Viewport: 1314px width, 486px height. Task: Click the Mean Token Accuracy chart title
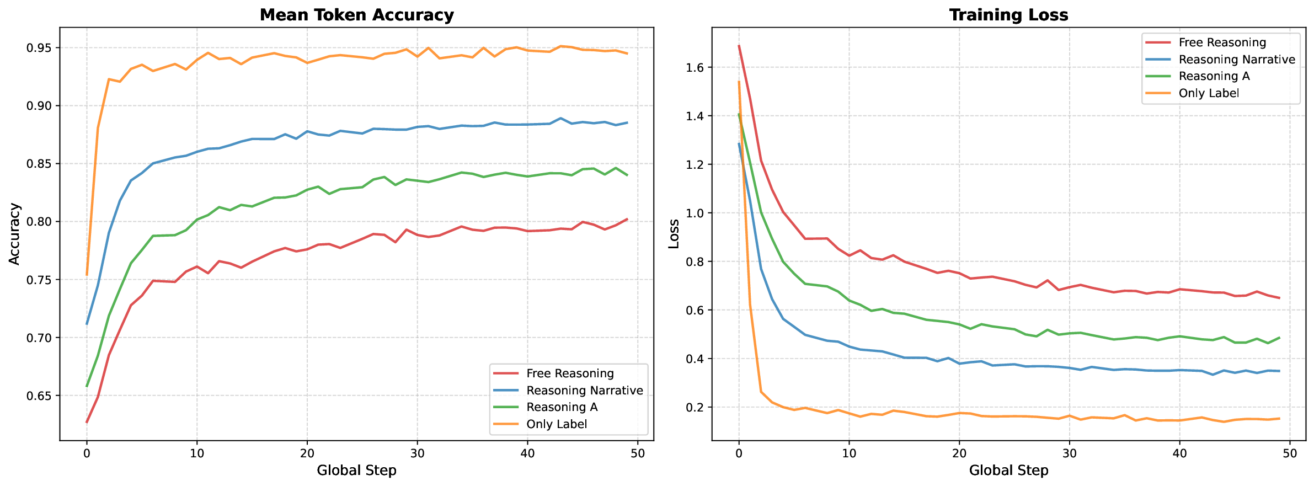tap(356, 15)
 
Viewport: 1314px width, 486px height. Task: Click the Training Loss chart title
tap(1008, 15)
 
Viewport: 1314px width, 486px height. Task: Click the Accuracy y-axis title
tap(15, 234)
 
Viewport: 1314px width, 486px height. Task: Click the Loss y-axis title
tap(674, 234)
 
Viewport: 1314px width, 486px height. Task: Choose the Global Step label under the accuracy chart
tap(356, 471)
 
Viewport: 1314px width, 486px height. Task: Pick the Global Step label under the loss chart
tap(1008, 471)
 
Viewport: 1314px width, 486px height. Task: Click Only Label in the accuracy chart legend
tap(557, 424)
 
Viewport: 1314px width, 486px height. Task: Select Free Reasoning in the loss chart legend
tap(1222, 42)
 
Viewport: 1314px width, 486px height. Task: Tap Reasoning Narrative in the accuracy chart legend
tap(584, 391)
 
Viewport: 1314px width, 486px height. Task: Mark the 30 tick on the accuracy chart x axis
tap(417, 453)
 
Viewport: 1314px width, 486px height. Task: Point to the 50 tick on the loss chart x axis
tap(1290, 453)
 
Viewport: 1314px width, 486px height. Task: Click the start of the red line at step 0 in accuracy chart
tap(87, 423)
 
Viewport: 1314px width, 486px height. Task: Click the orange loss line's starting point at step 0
tap(739, 82)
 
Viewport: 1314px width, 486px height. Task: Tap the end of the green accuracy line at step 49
tap(627, 175)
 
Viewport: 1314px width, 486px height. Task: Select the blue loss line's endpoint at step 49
tap(1279, 371)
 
